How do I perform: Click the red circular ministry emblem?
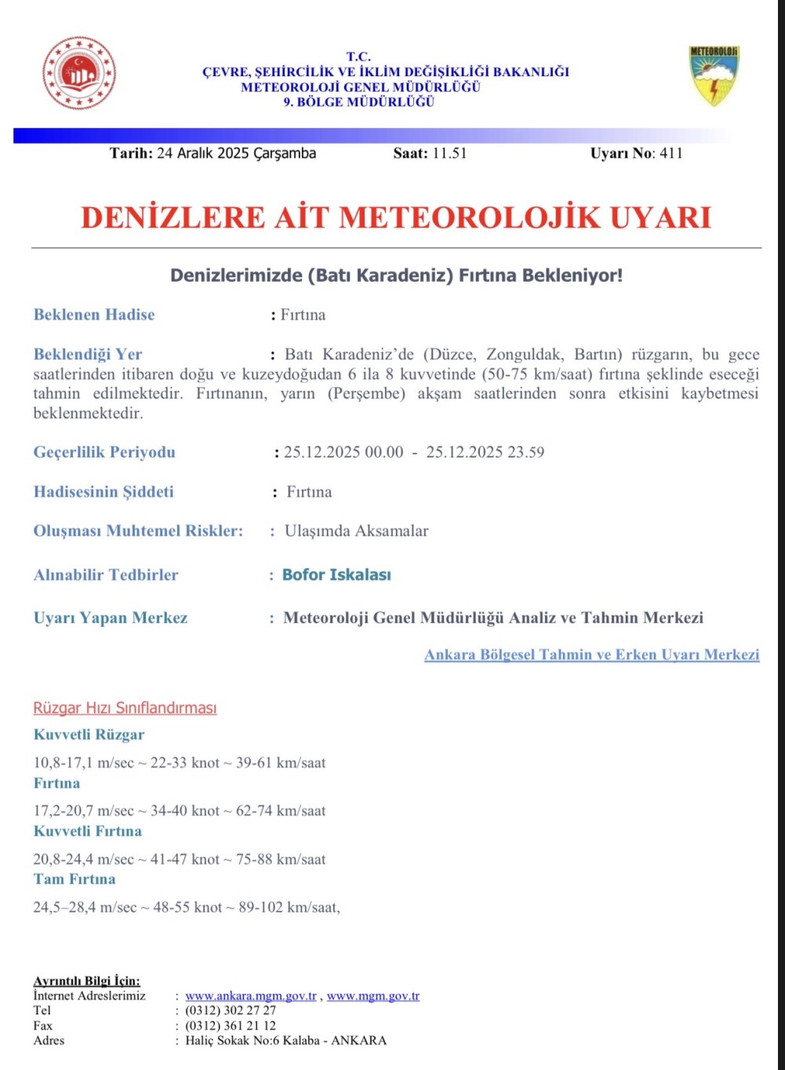pos(79,73)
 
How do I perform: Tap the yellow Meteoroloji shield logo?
pos(714,75)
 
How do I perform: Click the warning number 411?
pos(671,153)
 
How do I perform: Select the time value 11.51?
pos(449,153)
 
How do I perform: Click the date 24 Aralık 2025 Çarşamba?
pos(236,153)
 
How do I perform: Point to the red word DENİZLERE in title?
pos(173,217)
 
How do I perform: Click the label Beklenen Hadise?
pos(94,315)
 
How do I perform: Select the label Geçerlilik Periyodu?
pos(104,452)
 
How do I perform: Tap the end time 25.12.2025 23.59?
pos(485,452)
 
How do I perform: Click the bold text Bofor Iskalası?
pos(336,575)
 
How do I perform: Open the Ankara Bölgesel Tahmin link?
pos(591,654)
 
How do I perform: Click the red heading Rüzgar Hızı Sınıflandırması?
pos(125,708)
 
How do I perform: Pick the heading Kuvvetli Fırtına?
pos(88,831)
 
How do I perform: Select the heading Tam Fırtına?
pos(75,879)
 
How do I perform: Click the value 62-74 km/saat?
pos(281,810)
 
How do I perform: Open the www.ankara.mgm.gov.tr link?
pos(251,995)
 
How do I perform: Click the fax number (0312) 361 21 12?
pos(231,1025)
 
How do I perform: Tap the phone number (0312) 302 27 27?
pos(231,1010)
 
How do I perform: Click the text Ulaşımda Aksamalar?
pos(356,531)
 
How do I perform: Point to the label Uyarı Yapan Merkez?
pos(111,618)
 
